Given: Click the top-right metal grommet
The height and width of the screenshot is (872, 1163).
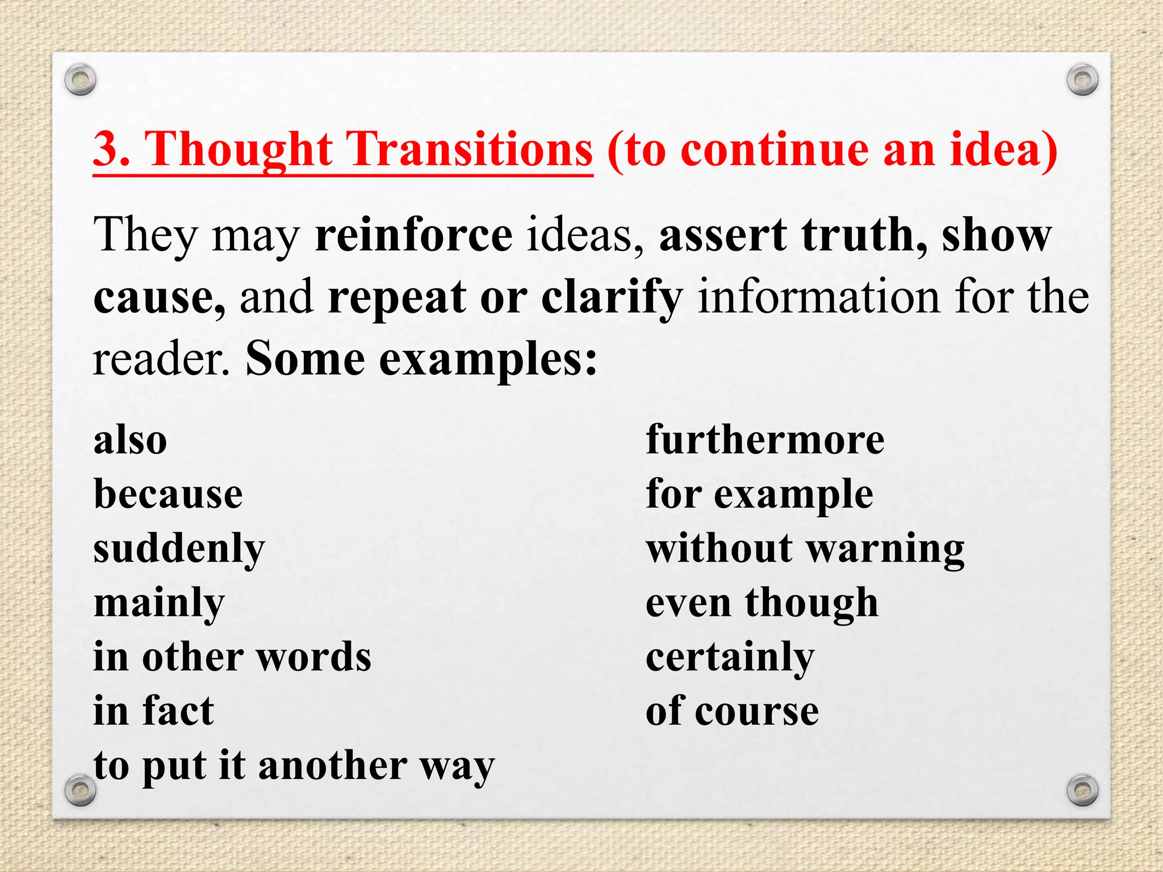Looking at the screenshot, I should tap(1082, 80).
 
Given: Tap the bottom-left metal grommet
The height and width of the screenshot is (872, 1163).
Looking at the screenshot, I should tap(80, 790).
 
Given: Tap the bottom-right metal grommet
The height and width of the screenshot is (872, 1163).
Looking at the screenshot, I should tap(1082, 790).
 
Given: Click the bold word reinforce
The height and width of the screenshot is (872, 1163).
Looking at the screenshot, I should tap(413, 235).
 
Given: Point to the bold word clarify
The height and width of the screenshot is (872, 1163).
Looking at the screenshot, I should tap(611, 297).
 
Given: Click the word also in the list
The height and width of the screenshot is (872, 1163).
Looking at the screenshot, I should tap(130, 441).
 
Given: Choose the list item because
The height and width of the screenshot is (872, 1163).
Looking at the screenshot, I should tap(168, 494).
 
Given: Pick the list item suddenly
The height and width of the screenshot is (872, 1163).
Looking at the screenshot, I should tap(179, 549).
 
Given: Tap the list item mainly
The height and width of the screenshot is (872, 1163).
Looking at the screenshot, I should tap(159, 603).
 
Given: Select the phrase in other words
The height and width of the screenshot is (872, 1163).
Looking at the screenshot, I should tap(232, 657).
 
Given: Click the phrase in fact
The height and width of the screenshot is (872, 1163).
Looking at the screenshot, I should tap(153, 711).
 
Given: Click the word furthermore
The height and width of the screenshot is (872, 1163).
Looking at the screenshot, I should tap(765, 441).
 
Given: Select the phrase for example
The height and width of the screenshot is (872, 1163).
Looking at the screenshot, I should tap(759, 494).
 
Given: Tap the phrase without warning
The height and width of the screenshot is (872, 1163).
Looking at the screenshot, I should tap(805, 549).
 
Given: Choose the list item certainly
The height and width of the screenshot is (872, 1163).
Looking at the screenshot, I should tap(730, 657).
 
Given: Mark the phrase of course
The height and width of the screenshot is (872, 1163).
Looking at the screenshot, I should tap(732, 711).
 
